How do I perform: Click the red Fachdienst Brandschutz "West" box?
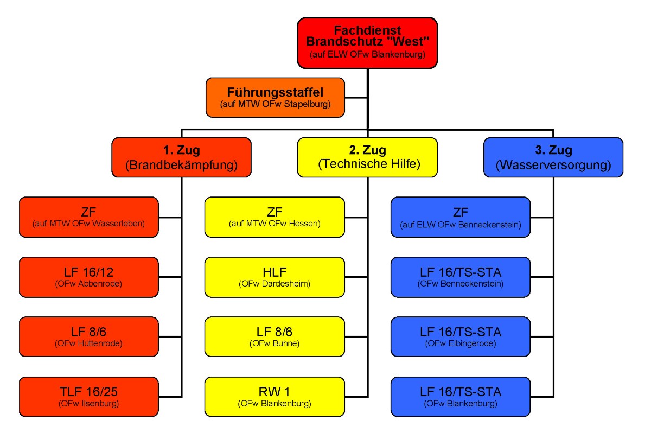(367, 43)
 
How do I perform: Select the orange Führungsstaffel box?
(275, 97)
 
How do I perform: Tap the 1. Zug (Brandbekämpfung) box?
(181, 157)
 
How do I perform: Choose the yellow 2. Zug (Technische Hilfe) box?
(367, 157)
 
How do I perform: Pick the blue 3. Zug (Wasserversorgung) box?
(553, 157)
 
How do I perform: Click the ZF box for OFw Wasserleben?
(89, 217)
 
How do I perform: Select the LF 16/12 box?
(89, 277)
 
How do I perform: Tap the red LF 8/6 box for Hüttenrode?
(89, 337)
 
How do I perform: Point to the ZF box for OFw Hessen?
(275, 217)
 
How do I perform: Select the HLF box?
(275, 277)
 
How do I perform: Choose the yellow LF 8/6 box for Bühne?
(275, 337)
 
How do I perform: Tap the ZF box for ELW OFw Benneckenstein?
(460, 217)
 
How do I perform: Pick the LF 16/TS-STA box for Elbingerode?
(460, 337)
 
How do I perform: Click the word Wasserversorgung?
(553, 165)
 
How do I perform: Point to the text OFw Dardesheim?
(275, 284)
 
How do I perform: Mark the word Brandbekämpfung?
(181, 165)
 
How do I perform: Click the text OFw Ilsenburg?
(89, 404)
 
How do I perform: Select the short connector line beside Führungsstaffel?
(356, 98)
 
